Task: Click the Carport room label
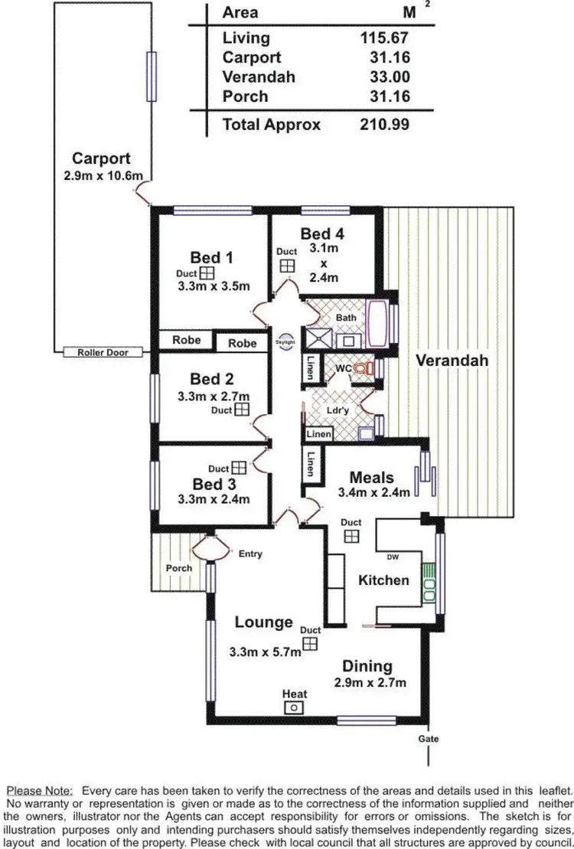pos(101,159)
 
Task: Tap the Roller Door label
pos(103,352)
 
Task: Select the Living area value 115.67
pos(384,37)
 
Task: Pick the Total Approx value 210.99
pos(384,125)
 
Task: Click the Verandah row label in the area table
pos(258,77)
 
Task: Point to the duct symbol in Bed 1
pos(207,273)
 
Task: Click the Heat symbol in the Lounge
pos(294,708)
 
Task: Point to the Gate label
pos(429,740)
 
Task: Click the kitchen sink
pos(429,580)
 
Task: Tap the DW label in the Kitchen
pos(393,557)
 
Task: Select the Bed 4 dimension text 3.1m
pos(323,249)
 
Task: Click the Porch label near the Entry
pos(179,568)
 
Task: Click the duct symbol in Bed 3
pos(239,467)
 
